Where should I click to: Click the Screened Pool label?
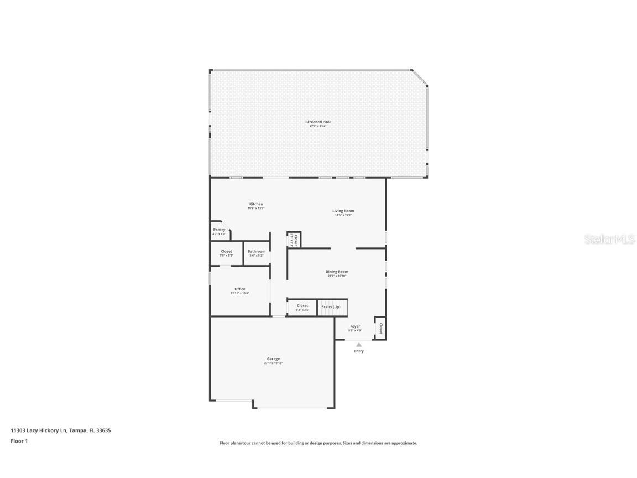click(318, 122)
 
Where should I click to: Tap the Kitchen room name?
click(255, 204)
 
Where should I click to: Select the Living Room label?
click(343, 211)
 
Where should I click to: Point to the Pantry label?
click(219, 230)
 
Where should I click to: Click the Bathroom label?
click(257, 251)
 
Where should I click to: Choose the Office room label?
click(239, 289)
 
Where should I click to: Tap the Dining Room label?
click(337, 272)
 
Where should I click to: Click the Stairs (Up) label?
click(331, 306)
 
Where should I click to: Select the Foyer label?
click(355, 326)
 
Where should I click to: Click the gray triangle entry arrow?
click(359, 345)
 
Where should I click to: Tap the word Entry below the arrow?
click(359, 351)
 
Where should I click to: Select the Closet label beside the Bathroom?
click(227, 251)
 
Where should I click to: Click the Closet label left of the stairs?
click(302, 306)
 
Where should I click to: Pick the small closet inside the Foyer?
click(380, 328)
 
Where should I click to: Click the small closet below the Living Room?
click(294, 240)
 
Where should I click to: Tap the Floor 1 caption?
click(19, 441)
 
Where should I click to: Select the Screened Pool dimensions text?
click(318, 126)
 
